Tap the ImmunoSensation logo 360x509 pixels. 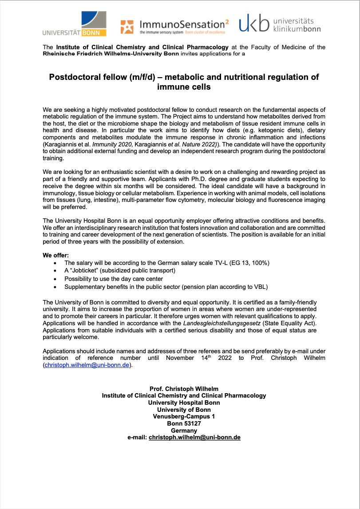pos(173,26)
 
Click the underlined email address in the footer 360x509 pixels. pos(194,437)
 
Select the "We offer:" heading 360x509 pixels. pos(56,255)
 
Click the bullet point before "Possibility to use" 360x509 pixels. pos(55,279)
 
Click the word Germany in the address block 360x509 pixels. pos(184,430)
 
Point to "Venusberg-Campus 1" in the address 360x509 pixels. pos(184,416)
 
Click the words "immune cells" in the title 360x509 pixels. pos(184,87)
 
